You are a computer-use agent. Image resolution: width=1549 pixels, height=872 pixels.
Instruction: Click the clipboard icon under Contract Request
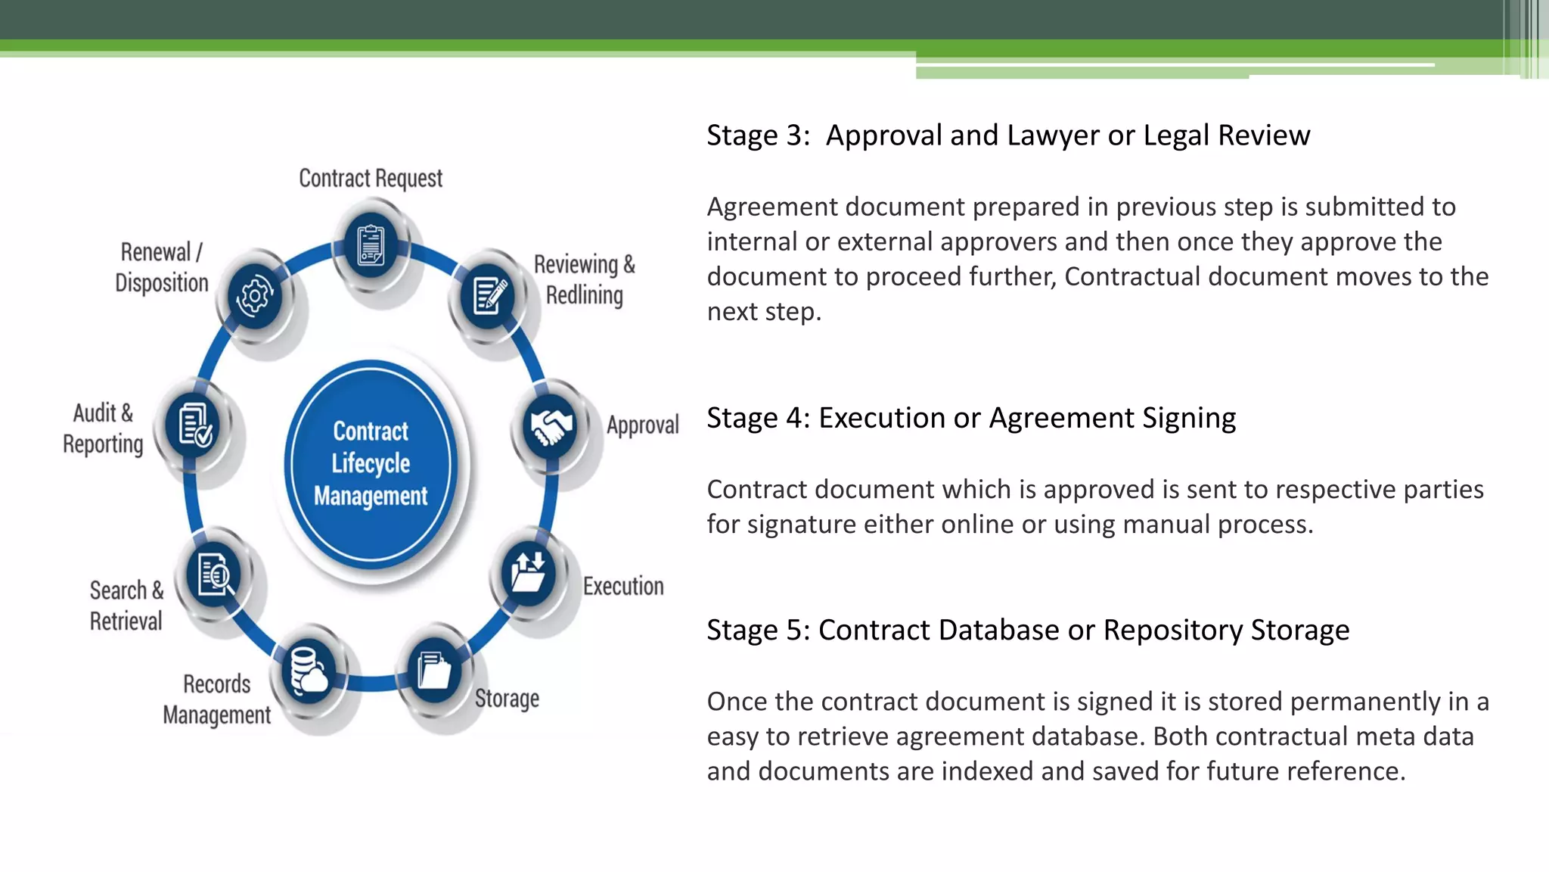[x=371, y=245]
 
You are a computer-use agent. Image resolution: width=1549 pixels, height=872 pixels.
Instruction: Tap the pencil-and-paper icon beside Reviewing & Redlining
[x=489, y=295]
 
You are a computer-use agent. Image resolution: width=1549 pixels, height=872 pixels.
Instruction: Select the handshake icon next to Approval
[x=551, y=426]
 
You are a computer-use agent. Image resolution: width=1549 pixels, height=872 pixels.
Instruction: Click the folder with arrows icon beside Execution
[x=528, y=573]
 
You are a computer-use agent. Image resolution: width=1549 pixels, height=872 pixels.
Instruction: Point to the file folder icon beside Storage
[x=434, y=670]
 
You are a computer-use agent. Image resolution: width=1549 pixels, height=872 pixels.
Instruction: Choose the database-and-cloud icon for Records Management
[x=309, y=670]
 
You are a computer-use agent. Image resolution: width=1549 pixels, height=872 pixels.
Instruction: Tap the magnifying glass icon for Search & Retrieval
[x=214, y=575]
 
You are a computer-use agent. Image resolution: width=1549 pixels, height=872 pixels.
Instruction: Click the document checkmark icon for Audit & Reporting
[x=194, y=426]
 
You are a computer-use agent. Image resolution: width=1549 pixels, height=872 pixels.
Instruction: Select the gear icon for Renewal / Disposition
[x=254, y=295]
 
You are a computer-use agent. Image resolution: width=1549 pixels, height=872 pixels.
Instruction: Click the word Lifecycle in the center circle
[x=371, y=463]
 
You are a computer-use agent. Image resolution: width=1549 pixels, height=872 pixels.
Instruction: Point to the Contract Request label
[x=371, y=179]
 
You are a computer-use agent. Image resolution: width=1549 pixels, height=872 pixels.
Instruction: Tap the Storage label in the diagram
[x=507, y=698]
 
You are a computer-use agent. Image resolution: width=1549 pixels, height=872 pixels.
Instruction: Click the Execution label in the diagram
[x=623, y=587]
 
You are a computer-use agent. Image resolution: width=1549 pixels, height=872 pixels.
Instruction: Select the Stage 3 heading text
[x=1007, y=135]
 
